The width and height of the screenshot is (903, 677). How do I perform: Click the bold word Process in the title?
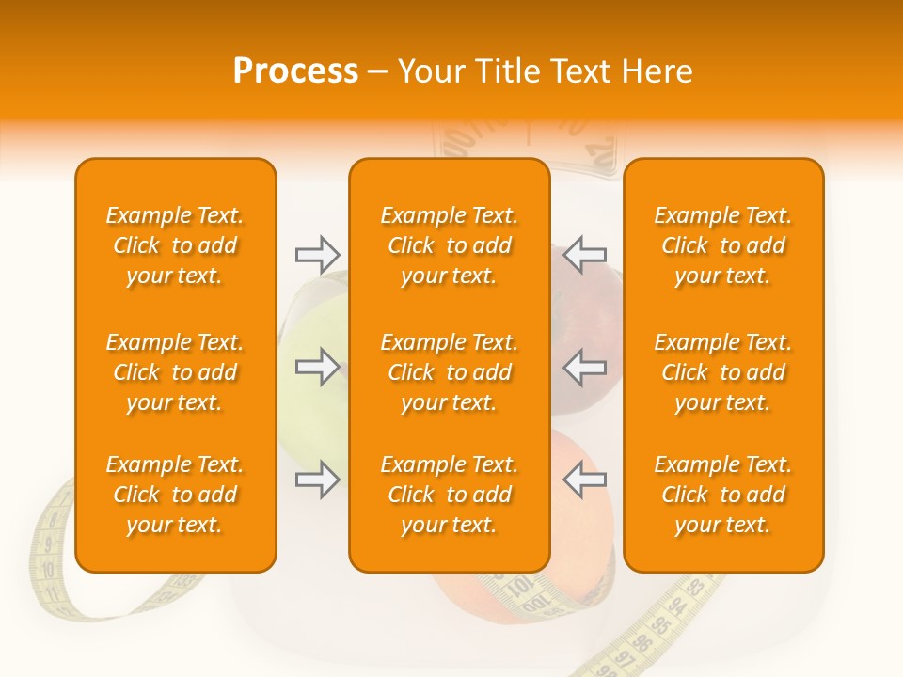coord(295,71)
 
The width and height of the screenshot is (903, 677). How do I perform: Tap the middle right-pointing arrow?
coord(317,367)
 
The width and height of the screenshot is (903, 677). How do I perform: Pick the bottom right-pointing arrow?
coord(317,480)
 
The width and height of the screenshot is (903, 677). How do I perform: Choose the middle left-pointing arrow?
coord(584,367)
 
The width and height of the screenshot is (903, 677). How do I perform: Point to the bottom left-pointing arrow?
coord(584,480)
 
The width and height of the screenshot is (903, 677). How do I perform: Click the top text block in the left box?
coord(175,245)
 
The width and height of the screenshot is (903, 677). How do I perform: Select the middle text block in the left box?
coord(175,372)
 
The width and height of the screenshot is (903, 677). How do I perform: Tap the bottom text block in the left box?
coord(175,495)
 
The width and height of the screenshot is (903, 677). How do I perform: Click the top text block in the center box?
coord(449,245)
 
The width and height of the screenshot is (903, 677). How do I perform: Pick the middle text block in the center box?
coord(449,372)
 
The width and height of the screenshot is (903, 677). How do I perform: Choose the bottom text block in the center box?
coord(449,495)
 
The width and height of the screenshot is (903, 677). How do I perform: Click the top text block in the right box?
coord(723,245)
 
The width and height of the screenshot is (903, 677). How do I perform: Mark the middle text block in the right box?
coord(723,372)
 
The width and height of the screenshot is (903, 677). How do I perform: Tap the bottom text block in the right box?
coord(723,495)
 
